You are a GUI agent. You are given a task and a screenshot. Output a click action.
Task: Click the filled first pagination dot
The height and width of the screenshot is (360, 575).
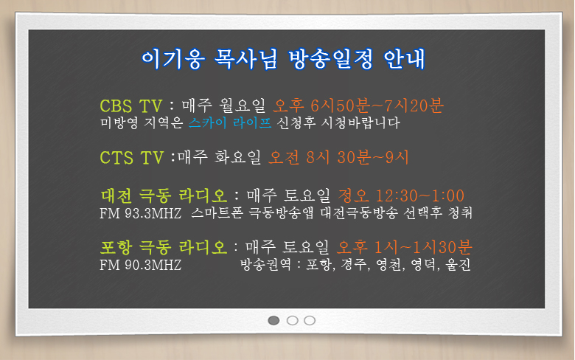point(273,320)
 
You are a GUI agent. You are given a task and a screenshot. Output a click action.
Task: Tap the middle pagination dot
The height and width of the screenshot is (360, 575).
point(292,320)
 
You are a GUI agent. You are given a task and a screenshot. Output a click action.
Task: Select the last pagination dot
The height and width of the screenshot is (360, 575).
point(310,320)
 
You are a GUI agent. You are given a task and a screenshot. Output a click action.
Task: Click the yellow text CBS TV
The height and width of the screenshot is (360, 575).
point(131,106)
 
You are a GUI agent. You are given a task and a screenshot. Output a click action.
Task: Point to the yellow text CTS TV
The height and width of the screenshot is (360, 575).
point(132,158)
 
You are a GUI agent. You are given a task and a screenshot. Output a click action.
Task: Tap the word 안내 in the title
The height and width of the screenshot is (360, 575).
point(405,59)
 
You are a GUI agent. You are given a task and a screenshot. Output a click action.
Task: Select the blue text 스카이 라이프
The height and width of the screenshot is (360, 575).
point(230,122)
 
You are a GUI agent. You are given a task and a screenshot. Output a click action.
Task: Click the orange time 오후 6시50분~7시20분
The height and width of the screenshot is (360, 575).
point(359,105)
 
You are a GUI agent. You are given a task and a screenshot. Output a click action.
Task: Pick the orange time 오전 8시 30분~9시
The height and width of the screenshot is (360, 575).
point(338,157)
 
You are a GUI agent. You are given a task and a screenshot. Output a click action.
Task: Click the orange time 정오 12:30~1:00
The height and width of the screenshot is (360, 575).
point(401,195)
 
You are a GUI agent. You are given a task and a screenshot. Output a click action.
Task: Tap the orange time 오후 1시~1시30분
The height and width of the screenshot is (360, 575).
point(405,247)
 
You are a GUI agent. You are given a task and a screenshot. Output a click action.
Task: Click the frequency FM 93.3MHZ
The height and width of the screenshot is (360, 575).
point(141,213)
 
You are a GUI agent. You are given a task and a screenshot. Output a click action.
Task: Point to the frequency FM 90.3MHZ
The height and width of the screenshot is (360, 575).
point(141,265)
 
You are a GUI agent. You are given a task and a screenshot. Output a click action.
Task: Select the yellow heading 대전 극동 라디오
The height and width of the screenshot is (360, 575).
point(164,195)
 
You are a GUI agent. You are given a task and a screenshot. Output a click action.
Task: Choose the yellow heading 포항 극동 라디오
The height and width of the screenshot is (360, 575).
point(164,247)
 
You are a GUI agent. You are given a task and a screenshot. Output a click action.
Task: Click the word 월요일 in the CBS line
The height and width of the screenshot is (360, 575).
point(242,105)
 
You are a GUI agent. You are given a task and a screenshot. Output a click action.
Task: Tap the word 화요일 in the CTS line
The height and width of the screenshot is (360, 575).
point(237,157)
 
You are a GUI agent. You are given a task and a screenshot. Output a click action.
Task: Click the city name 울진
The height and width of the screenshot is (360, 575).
point(458,265)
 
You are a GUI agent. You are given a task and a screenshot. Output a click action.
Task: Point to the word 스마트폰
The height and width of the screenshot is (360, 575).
point(217,213)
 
